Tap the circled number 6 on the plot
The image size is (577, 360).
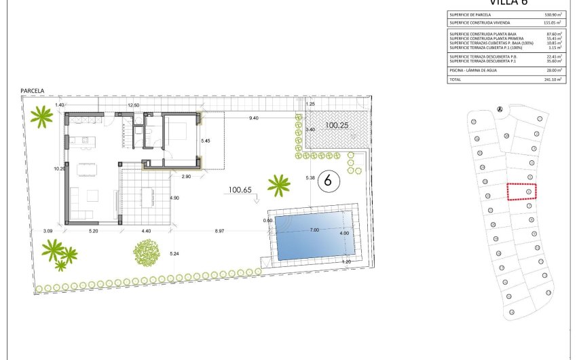tap(329, 181)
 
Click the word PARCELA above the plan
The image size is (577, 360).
tap(33, 90)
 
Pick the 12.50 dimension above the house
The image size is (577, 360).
tap(134, 105)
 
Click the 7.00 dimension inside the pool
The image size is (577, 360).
tap(314, 230)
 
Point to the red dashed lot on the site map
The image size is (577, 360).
tap(521, 192)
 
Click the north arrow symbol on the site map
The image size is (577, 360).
tap(500, 109)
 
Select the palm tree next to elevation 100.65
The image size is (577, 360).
tap(278, 184)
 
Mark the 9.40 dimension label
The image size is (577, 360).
tap(254, 118)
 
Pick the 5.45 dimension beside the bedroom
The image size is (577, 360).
tap(206, 141)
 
